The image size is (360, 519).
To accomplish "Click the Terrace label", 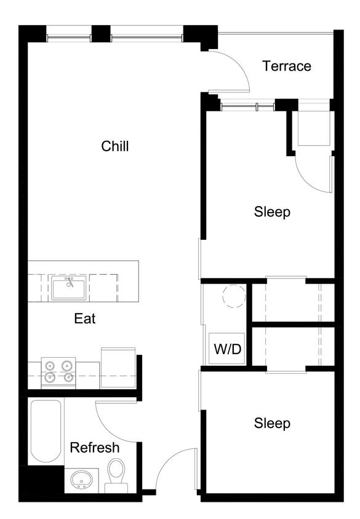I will (x=286, y=66).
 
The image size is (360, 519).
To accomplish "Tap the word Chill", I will (x=115, y=146).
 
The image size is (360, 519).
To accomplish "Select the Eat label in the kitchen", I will (x=85, y=319).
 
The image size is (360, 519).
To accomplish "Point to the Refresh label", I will (x=94, y=447).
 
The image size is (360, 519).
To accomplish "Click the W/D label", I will (x=227, y=349).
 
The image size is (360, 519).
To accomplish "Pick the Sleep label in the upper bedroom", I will (x=272, y=212).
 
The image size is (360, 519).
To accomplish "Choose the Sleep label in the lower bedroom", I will (x=272, y=424).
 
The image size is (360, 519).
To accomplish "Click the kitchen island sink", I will (x=69, y=288).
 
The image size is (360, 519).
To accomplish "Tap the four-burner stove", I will (x=58, y=371).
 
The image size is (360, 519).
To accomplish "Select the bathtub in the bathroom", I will (x=46, y=430).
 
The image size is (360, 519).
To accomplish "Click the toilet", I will (x=115, y=474).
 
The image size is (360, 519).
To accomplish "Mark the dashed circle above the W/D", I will (x=233, y=297).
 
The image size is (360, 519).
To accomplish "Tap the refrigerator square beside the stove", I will (x=118, y=367).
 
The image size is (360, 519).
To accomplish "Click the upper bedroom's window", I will (x=247, y=107).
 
